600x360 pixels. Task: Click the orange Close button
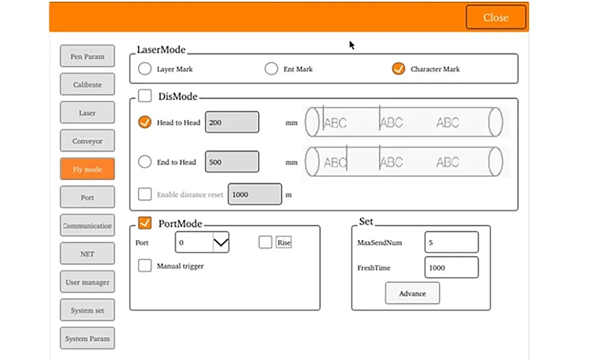(495, 17)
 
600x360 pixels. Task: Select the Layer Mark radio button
(145, 69)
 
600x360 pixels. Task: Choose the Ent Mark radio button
(272, 69)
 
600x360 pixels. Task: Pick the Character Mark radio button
(398, 69)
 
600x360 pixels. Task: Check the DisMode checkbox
(145, 96)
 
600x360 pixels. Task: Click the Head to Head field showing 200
(232, 122)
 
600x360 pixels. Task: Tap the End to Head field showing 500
(232, 162)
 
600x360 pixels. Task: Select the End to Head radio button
(145, 162)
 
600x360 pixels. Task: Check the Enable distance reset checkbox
(145, 194)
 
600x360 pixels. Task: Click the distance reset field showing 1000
(255, 194)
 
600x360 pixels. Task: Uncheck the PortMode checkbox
(145, 223)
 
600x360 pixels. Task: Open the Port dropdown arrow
(221, 242)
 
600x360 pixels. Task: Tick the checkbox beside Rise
(265, 242)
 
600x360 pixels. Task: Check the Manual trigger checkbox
(145, 265)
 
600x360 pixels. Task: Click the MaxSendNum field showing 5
(452, 242)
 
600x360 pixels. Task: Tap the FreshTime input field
(452, 267)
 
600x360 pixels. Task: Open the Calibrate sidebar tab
(87, 84)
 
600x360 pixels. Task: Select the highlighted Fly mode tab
(87, 169)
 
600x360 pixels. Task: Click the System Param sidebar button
(87, 338)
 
